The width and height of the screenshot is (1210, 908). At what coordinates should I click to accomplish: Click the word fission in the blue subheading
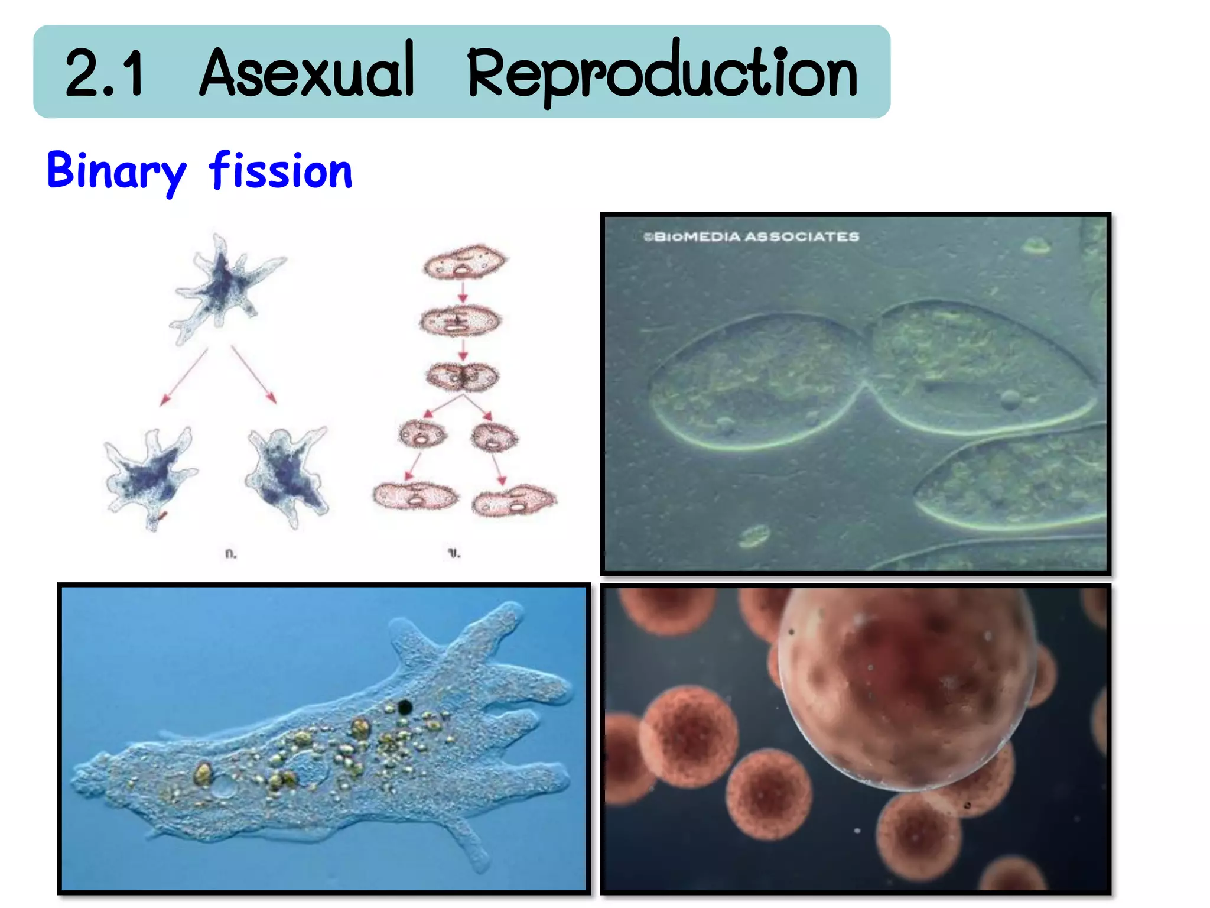pyautogui.click(x=281, y=171)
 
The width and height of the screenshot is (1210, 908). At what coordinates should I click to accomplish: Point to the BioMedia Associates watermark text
pyautogui.click(x=752, y=237)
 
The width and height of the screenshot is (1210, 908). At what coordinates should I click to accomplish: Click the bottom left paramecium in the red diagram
pyautogui.click(x=415, y=496)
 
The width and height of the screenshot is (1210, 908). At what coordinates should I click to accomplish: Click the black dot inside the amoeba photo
pyautogui.click(x=405, y=706)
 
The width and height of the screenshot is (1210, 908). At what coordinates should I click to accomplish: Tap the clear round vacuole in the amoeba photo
pyautogui.click(x=223, y=787)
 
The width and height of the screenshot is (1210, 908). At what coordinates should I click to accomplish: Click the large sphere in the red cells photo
pyautogui.click(x=907, y=686)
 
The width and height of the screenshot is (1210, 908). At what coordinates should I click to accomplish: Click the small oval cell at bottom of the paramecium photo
pyautogui.click(x=754, y=536)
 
